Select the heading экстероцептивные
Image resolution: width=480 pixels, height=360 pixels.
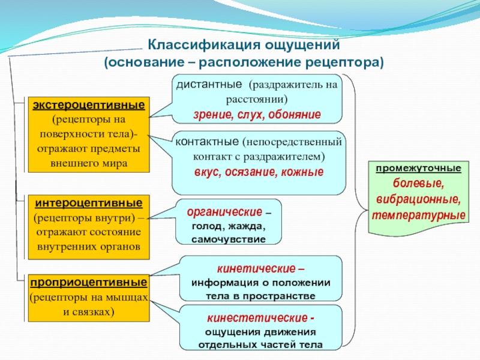pos(88,106)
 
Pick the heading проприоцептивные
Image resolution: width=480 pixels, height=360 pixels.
pos(88,281)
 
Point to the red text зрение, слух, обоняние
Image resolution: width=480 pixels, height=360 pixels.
pos(257,114)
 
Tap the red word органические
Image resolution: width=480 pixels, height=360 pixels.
pos(224,213)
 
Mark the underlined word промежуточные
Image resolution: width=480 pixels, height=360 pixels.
pos(419,169)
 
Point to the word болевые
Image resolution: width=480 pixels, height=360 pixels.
pos(419,184)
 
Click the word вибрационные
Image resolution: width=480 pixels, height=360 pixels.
pos(419,199)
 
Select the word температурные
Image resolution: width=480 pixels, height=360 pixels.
pos(419,214)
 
